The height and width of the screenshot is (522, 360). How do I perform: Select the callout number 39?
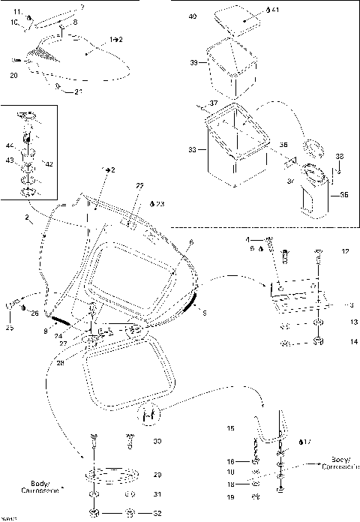(193, 64)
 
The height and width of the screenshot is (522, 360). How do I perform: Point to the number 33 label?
(193, 150)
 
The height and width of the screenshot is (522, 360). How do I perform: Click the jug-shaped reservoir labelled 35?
(313, 193)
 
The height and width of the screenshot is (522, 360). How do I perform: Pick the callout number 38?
(340, 156)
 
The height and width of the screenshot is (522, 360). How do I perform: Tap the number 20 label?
(13, 75)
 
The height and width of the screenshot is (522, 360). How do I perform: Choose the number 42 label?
(49, 163)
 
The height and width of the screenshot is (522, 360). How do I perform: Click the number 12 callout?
(344, 250)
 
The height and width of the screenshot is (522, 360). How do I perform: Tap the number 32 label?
(157, 513)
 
